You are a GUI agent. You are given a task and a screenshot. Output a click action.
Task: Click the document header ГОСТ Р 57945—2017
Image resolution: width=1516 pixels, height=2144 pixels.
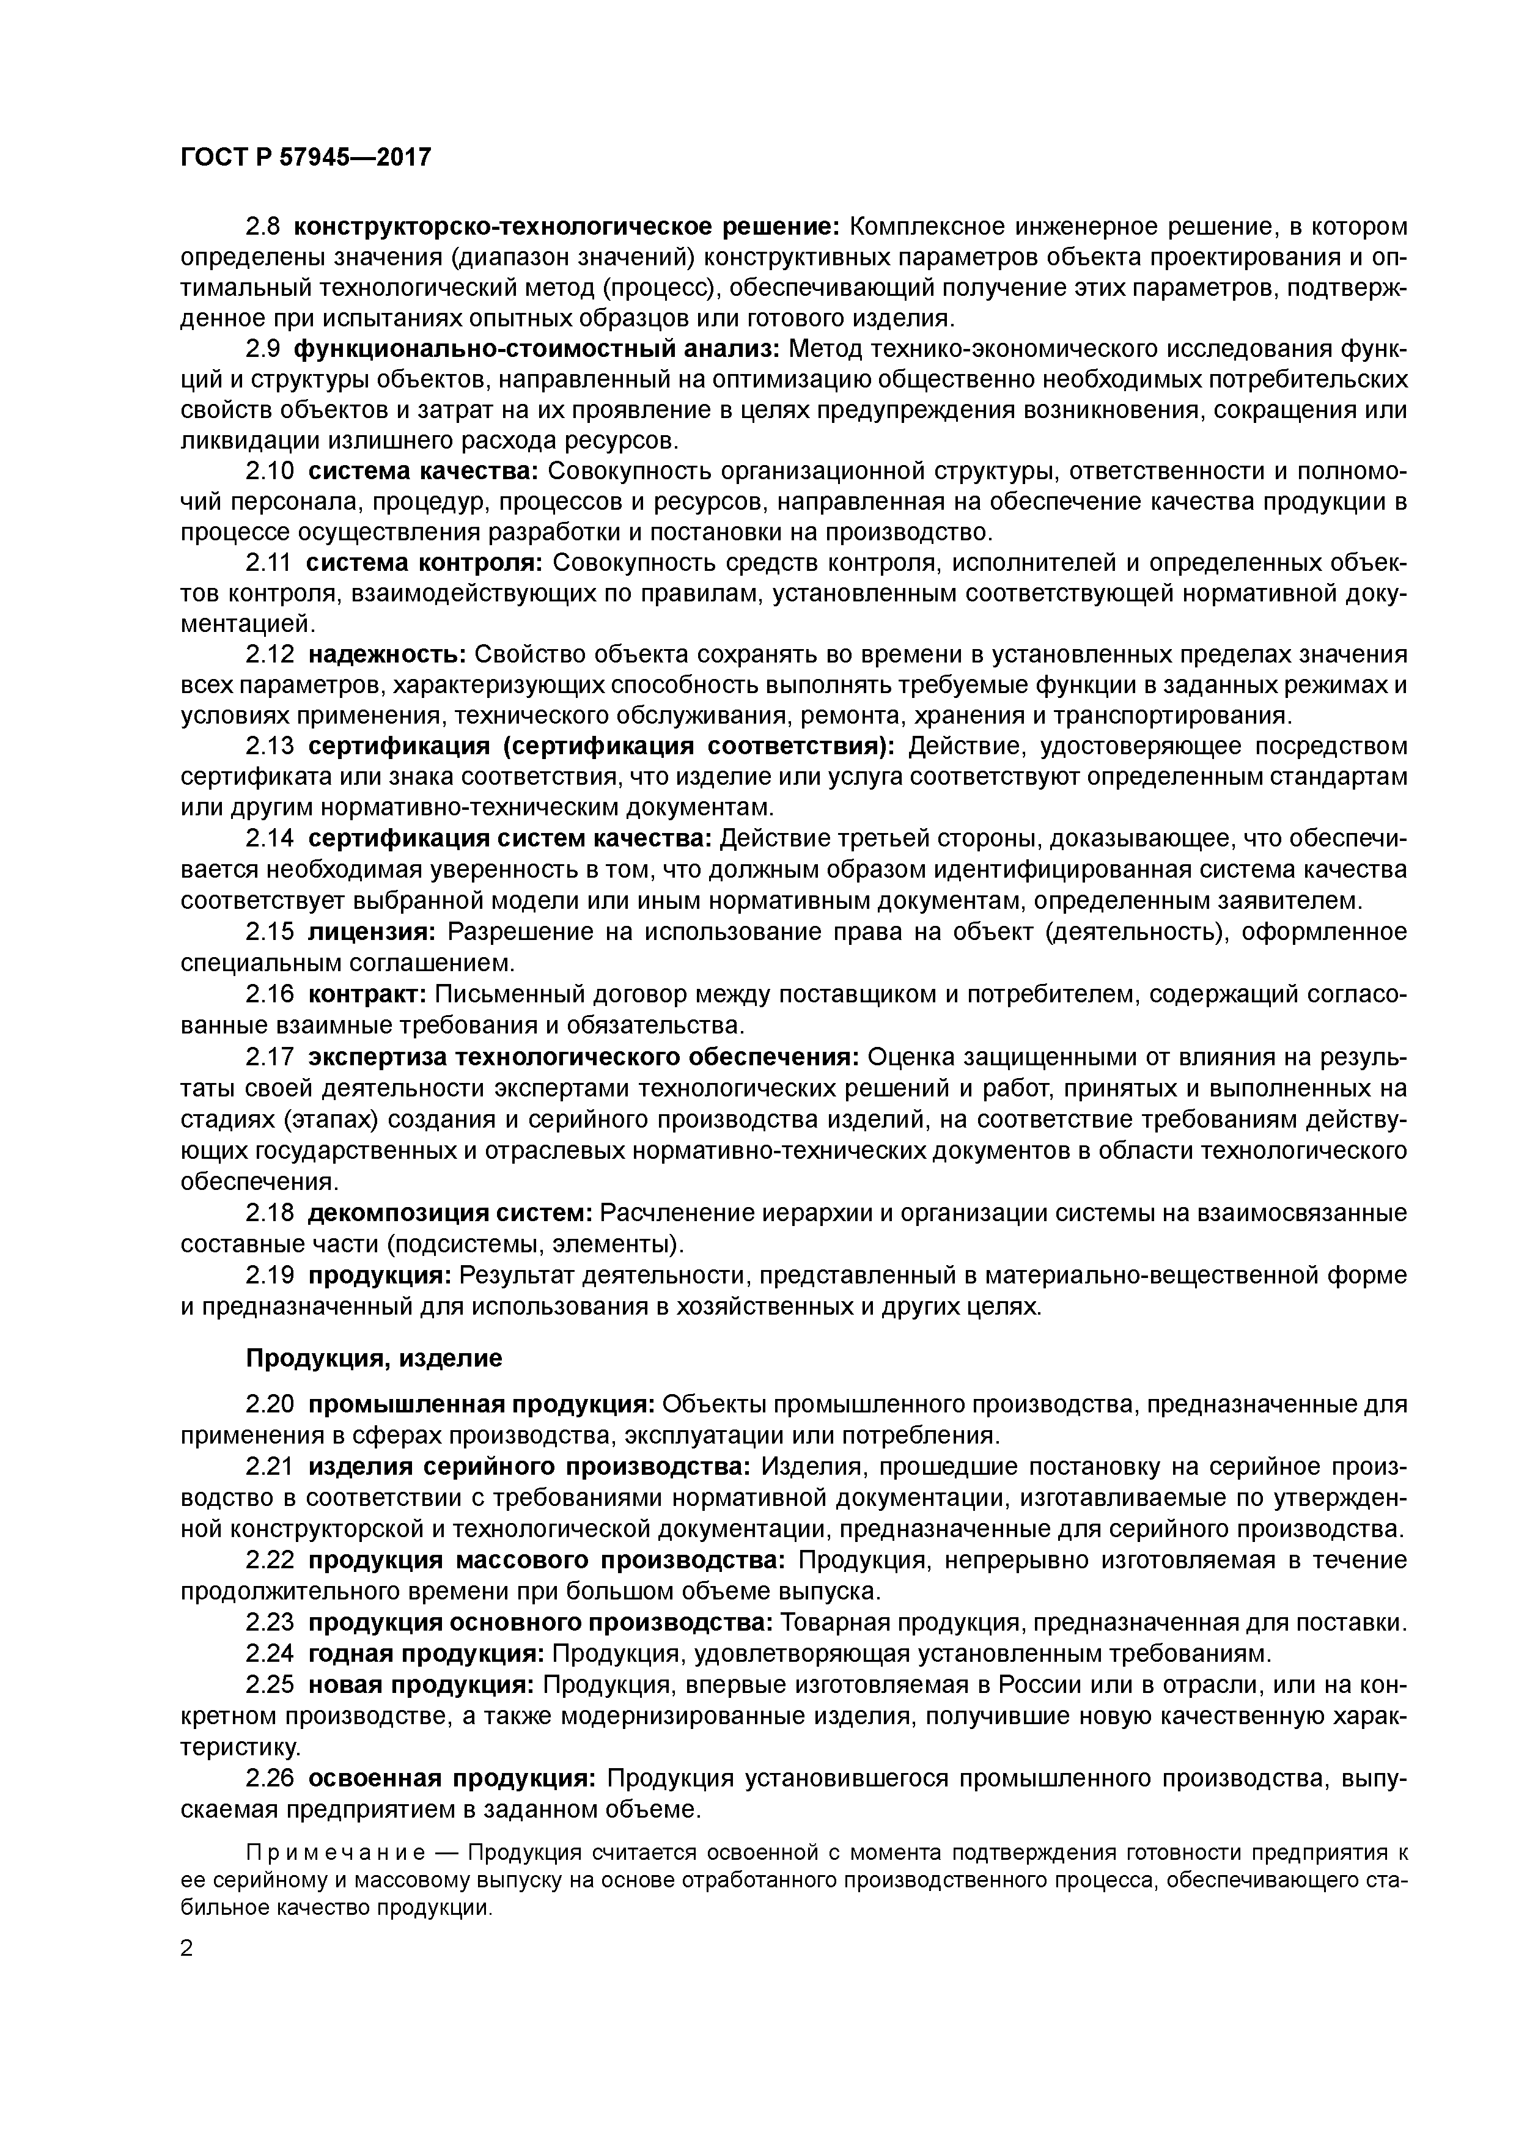coord(306,158)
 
